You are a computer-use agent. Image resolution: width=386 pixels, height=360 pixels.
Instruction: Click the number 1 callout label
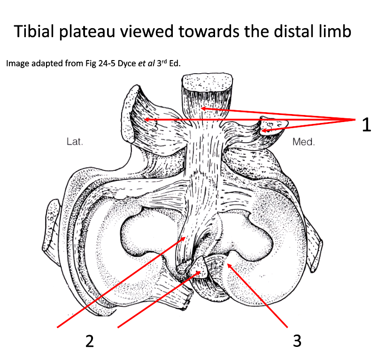(x=365, y=125)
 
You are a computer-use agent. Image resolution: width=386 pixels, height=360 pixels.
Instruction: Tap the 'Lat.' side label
(x=75, y=141)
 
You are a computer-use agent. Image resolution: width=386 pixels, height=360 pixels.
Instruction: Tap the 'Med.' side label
(x=303, y=141)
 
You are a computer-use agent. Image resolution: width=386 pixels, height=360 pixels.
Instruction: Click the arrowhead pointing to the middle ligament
(x=203, y=109)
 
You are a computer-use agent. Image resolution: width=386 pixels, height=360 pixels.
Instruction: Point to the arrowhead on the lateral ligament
(x=147, y=120)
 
